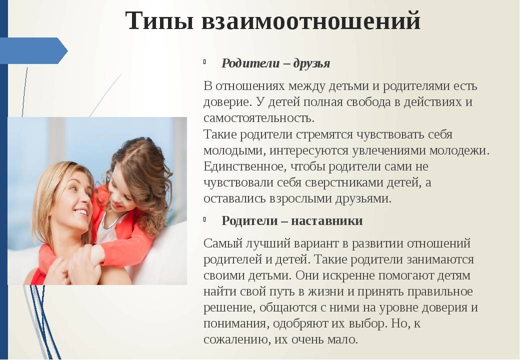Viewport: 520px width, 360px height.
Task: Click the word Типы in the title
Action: click(159, 21)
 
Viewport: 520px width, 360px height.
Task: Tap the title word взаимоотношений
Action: click(311, 21)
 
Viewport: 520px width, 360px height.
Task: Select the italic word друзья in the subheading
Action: click(311, 63)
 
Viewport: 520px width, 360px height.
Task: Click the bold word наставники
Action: click(327, 221)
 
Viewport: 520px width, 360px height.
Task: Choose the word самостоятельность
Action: click(258, 118)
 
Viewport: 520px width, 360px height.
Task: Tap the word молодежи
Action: click(459, 150)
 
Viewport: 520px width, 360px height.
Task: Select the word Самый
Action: click(223, 243)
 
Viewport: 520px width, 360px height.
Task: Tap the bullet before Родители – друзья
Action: click(205, 61)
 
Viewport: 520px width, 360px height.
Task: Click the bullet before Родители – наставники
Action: click(205, 219)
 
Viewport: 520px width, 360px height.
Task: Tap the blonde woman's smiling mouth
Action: click(81, 212)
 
